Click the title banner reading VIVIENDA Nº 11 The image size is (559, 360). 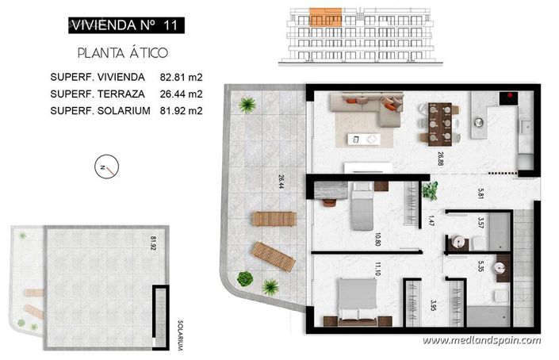coord(122,25)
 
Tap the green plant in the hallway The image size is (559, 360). coord(431,190)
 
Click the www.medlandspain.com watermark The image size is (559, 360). coord(481,341)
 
